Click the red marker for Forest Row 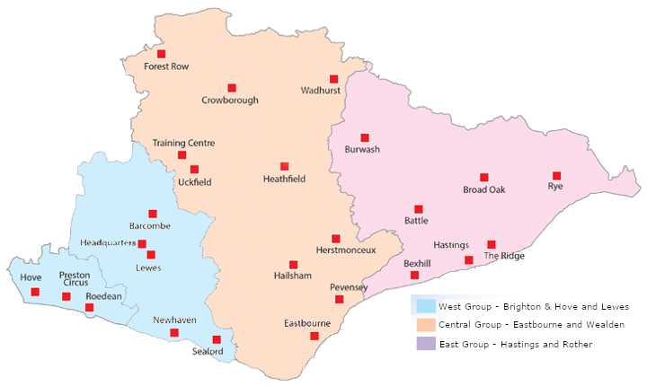[161, 54]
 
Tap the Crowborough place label [230, 101]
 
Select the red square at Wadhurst [333, 79]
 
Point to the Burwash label [362, 150]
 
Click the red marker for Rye [556, 175]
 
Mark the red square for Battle [418, 209]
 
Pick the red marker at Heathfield [284, 166]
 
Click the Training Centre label [183, 143]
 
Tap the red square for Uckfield [194, 169]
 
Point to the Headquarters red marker [142, 243]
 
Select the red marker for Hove [35, 292]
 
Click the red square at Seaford [217, 339]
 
